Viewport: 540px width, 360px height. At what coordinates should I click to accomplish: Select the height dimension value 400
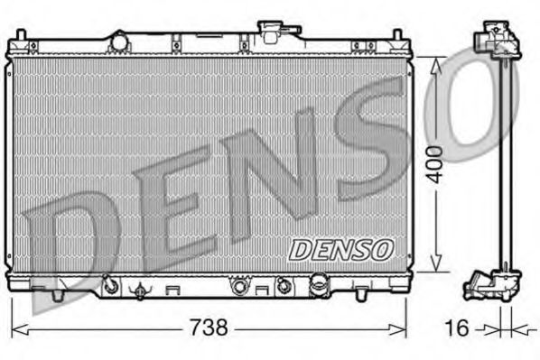(x=434, y=162)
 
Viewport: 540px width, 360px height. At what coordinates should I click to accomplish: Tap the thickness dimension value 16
(x=459, y=328)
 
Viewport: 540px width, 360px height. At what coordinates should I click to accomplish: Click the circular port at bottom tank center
(x=239, y=286)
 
